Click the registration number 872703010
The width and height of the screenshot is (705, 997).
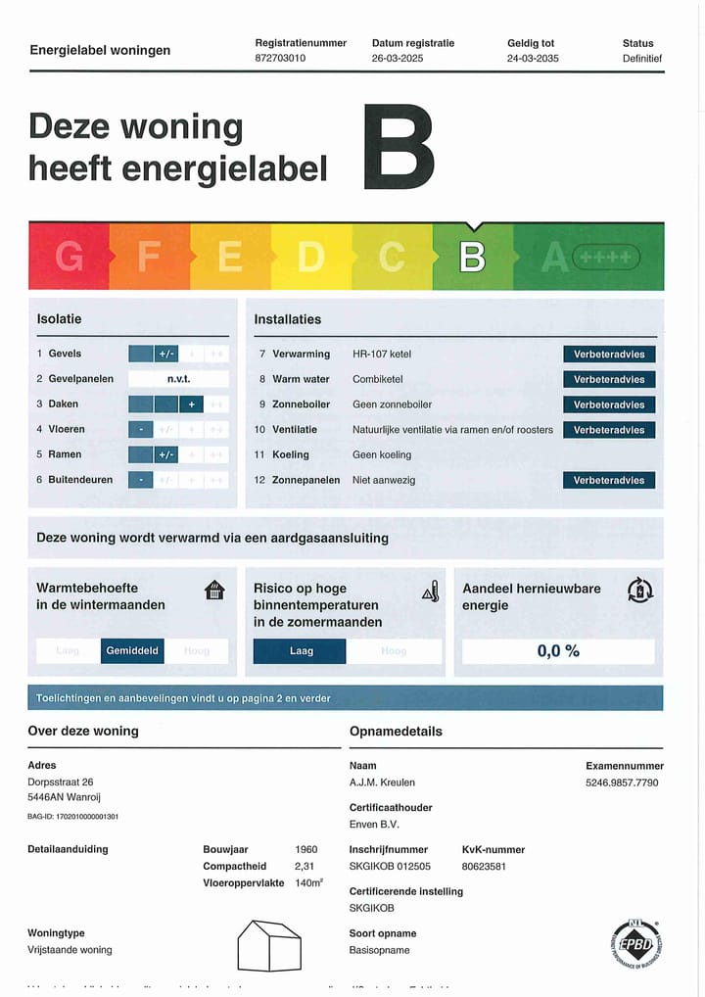(280, 59)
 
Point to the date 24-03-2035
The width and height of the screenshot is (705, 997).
(533, 59)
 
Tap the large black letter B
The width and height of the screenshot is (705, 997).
(398, 148)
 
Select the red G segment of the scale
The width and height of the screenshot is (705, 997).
(69, 257)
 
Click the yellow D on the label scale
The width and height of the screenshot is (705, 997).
(310, 257)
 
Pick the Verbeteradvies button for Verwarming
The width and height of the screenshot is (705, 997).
(608, 355)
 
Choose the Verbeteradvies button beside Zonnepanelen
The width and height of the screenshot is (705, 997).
(608, 481)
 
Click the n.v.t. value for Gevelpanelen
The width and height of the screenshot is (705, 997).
(178, 379)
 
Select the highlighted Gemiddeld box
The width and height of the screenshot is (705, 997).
(132, 651)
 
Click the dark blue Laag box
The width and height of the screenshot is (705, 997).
(300, 651)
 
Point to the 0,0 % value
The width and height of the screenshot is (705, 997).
(558, 651)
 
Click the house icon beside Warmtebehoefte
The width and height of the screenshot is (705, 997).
(214, 591)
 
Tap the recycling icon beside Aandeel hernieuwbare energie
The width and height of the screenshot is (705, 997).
(639, 591)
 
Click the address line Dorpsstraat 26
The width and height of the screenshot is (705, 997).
(61, 783)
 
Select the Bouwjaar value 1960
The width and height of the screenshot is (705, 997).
(305, 850)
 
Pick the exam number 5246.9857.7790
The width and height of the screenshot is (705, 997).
(622, 783)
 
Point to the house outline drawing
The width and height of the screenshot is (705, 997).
(269, 945)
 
